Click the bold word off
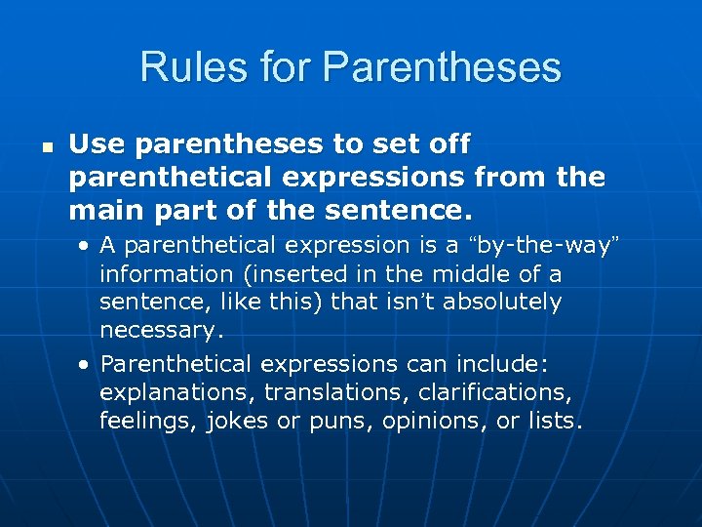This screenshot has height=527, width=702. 449,145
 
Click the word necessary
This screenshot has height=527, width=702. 162,330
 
